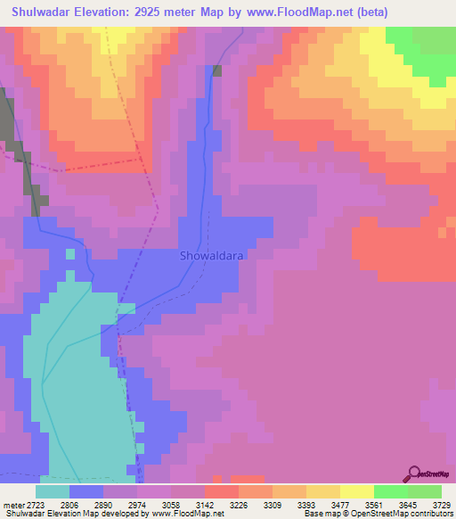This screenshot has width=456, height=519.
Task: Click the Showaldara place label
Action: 211,255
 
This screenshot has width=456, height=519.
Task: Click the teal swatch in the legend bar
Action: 53,491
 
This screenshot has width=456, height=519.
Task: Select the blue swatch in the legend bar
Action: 86,491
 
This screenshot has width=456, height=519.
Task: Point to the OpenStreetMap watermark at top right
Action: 431,85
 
